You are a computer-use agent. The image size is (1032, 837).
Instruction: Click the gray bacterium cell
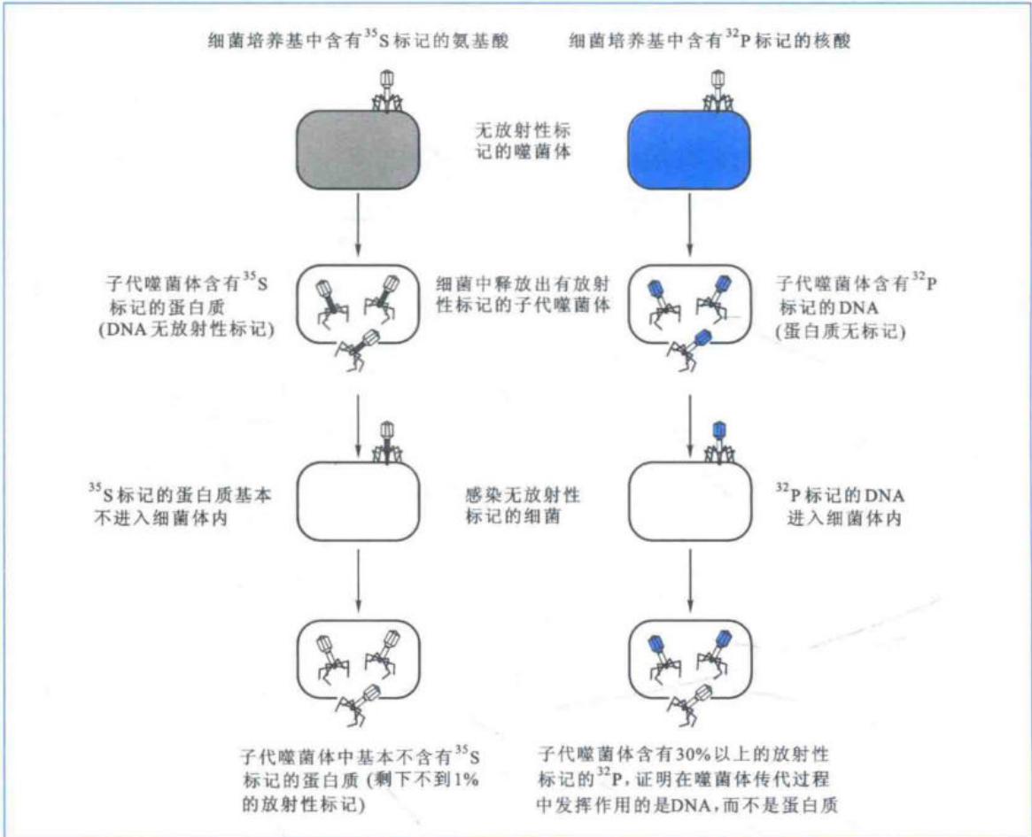click(x=357, y=150)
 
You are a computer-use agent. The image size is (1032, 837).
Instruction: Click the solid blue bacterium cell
click(x=689, y=150)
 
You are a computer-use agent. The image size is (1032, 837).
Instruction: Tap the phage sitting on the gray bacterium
click(x=388, y=91)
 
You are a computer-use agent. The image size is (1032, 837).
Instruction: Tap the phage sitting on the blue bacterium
click(x=718, y=91)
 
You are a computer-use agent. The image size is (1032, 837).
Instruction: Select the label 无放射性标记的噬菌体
click(x=524, y=141)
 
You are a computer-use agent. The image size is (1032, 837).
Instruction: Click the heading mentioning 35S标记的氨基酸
click(x=358, y=41)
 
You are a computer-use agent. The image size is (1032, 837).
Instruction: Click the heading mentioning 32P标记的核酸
click(x=710, y=41)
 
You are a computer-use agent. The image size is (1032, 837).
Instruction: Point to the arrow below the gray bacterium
click(x=358, y=224)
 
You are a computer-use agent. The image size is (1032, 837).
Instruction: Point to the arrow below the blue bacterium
click(x=690, y=224)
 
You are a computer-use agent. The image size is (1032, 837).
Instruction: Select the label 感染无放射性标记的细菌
click(x=523, y=506)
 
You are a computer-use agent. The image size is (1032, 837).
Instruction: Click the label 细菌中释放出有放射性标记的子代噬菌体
click(x=523, y=294)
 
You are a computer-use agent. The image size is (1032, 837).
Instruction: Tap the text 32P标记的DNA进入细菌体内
click(x=841, y=506)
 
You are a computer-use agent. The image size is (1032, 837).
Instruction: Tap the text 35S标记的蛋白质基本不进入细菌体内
click(x=180, y=506)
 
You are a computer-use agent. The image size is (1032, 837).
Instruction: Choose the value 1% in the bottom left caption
click(x=465, y=779)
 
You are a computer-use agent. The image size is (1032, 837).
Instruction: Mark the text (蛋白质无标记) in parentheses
click(x=841, y=331)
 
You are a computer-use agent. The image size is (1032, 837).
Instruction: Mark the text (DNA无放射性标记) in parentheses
click(x=186, y=329)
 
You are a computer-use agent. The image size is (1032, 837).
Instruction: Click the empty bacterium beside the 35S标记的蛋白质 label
click(x=358, y=501)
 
